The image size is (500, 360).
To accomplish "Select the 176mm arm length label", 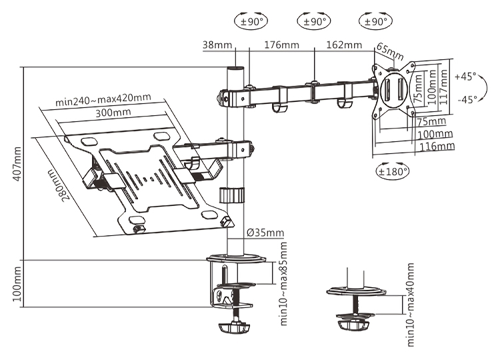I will (281, 45).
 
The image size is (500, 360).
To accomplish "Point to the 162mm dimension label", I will (344, 45).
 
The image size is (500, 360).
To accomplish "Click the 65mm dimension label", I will (390, 51).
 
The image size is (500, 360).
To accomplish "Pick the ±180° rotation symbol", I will (393, 171).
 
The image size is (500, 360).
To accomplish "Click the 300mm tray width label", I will (113, 113).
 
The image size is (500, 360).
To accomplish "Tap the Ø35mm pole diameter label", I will (265, 233).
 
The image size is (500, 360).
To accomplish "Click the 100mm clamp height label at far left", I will (17, 283).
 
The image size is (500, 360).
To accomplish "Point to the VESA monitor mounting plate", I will (394, 91).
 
